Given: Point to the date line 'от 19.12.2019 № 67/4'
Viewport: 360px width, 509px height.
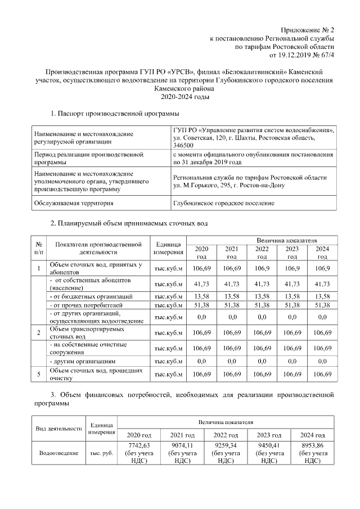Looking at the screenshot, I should point(302,56).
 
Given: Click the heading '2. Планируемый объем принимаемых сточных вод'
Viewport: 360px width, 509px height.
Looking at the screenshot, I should point(129,223).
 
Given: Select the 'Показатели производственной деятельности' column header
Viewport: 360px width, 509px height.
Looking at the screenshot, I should point(98,248).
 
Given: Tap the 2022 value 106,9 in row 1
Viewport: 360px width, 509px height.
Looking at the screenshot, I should point(262,268).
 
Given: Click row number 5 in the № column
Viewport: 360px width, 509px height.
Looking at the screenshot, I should point(39,374).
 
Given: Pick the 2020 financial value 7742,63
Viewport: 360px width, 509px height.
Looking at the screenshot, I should point(138,453).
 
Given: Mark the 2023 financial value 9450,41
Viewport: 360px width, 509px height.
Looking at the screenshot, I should point(269,453).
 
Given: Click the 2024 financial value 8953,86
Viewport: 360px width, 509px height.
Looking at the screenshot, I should point(312,453).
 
